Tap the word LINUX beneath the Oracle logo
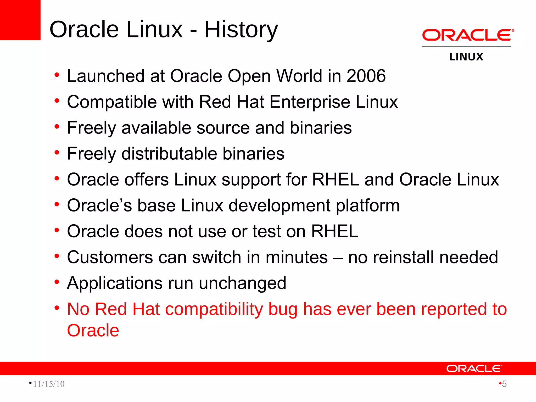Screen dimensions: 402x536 466,57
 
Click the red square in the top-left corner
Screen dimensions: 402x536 20,20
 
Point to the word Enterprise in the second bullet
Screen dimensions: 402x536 310,102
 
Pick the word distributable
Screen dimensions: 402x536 169,154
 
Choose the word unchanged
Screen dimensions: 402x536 242,283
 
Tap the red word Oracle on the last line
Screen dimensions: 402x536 93,330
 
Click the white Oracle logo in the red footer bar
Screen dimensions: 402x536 474,368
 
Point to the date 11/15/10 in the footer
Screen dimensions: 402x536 49,384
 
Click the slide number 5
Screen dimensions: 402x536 504,384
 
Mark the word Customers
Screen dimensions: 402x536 110,257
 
